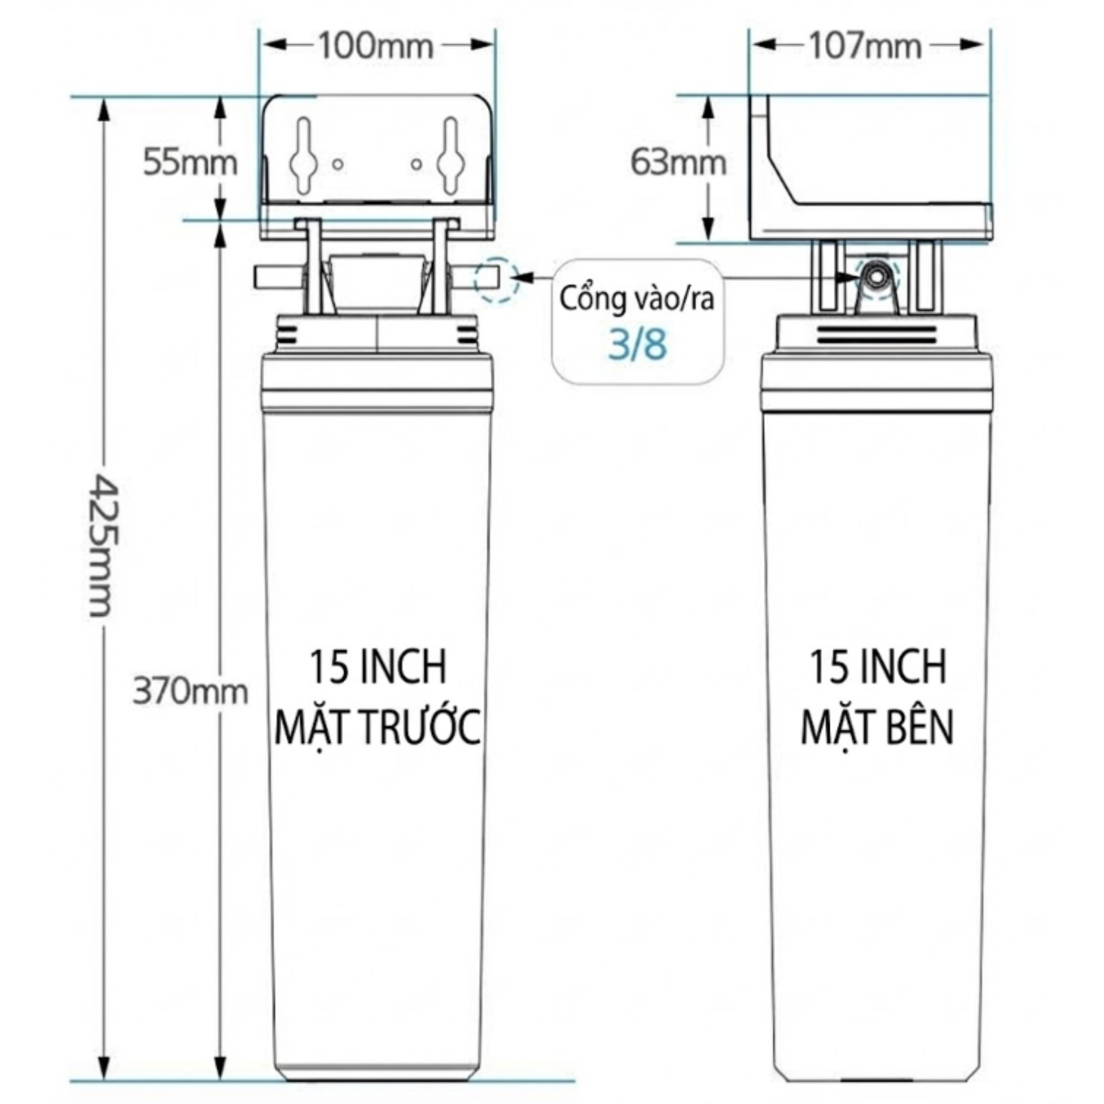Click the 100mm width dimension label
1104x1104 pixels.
[376, 46]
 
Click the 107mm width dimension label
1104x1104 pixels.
[865, 46]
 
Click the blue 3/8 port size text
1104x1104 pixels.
[637, 345]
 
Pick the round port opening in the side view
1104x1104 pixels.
[875, 277]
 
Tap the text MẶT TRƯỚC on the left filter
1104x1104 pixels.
[377, 728]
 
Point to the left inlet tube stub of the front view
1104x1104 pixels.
[276, 278]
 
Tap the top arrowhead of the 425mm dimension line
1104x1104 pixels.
[104, 108]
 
